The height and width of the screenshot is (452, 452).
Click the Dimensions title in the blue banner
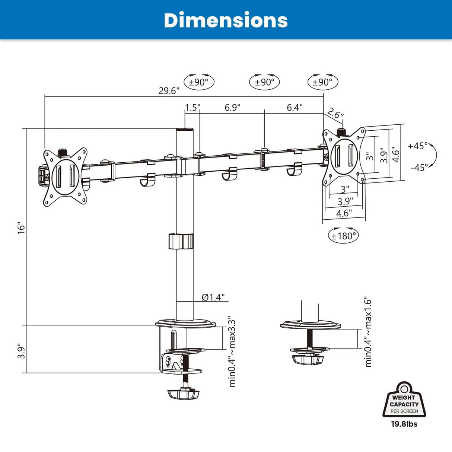pos(226,20)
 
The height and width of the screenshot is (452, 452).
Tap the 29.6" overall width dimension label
pos(169,90)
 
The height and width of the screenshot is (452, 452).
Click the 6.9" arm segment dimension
pos(233,108)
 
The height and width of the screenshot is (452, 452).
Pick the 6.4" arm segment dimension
pos(295,108)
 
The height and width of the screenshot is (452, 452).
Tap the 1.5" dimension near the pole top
pos(193,108)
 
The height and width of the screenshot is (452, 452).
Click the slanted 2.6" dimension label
pos(335,114)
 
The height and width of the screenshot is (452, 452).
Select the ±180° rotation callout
pos(343,236)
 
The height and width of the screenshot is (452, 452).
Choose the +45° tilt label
pos(418,146)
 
